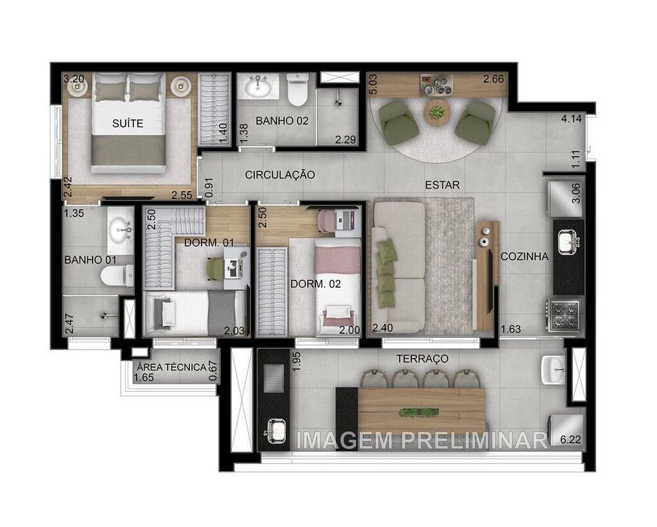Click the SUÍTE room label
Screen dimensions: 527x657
pyautogui.click(x=127, y=123)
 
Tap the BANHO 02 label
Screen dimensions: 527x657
pyautogui.click(x=282, y=121)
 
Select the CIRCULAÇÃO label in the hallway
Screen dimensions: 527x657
pyautogui.click(x=280, y=175)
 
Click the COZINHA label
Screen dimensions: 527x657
pyautogui.click(x=524, y=257)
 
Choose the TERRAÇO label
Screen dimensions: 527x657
pyautogui.click(x=422, y=359)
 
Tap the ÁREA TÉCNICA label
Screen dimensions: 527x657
pyautogui.click(x=170, y=367)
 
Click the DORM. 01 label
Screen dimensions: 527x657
pyautogui.click(x=209, y=243)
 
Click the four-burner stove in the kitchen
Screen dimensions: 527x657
pyautogui.click(x=566, y=314)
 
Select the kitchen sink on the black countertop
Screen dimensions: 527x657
pyautogui.click(x=566, y=242)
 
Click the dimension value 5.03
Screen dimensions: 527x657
pyautogui.click(x=372, y=86)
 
